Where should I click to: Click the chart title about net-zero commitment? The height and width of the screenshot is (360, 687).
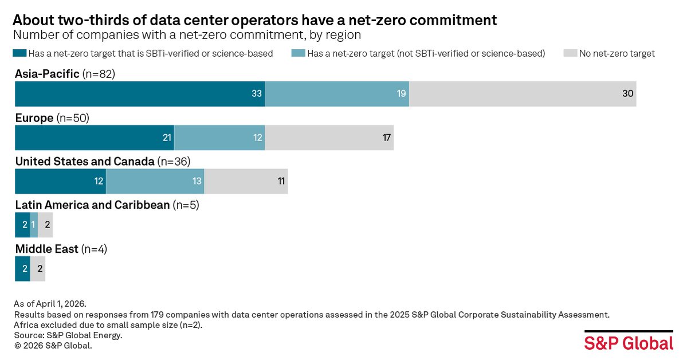point(255,20)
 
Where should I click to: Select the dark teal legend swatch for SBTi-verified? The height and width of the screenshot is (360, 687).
point(18,53)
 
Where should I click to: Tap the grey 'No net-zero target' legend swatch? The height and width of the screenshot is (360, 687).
point(569,53)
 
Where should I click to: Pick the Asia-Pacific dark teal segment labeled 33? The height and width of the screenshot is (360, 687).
point(140,93)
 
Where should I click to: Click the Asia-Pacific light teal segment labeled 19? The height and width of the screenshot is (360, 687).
point(337,93)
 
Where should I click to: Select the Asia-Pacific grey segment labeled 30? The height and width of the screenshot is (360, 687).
point(523,93)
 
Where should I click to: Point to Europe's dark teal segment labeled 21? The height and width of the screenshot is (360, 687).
point(95,138)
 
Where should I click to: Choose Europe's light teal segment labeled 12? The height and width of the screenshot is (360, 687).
point(219,138)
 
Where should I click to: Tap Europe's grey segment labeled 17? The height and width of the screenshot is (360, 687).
point(329,138)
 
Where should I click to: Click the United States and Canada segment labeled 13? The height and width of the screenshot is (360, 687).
point(155,181)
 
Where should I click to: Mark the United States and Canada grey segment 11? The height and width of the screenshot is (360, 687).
point(246,181)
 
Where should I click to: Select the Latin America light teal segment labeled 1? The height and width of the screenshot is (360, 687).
point(34,225)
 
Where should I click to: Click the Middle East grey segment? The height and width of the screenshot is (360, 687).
point(38,268)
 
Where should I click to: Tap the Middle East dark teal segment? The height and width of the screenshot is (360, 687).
point(22,268)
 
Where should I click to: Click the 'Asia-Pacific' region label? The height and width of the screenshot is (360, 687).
point(47,73)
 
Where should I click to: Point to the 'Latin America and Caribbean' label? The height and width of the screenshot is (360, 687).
point(92,205)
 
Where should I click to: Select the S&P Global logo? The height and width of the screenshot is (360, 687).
point(629,342)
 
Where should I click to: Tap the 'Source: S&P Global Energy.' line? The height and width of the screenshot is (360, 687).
point(69,335)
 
